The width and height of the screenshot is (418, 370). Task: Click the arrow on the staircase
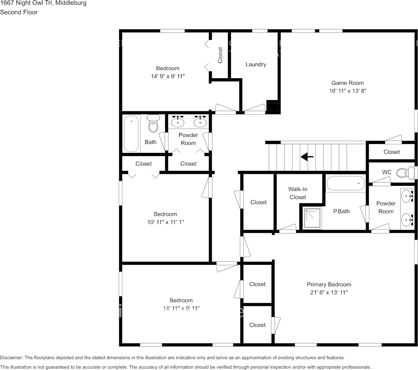[x=307, y=157]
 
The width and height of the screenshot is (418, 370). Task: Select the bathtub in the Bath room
[x=131, y=133]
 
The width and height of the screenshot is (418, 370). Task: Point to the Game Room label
[x=347, y=83]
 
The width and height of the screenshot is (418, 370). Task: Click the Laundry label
[x=255, y=64]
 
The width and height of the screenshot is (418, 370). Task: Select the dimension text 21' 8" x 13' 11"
[x=329, y=292]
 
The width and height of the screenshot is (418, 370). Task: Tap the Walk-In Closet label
[x=298, y=193]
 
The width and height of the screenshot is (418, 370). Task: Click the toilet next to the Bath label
[x=153, y=123]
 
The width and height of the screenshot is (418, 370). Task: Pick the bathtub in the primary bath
[x=345, y=183]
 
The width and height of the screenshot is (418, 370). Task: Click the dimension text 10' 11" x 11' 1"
[x=166, y=222]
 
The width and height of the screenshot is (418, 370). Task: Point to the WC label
[x=386, y=172]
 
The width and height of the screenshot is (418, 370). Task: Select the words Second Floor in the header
[x=19, y=12]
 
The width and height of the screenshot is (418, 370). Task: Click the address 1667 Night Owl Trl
[x=26, y=3]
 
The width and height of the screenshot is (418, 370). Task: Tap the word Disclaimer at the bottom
[x=11, y=357]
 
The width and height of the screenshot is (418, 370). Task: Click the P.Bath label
[x=341, y=212]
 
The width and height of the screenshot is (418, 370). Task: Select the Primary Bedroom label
[x=329, y=284]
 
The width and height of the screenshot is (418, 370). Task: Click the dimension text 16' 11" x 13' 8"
[x=348, y=91]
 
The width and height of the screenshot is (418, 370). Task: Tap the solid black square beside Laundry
[x=272, y=106]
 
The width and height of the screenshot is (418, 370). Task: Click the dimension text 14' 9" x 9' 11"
[x=168, y=76]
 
